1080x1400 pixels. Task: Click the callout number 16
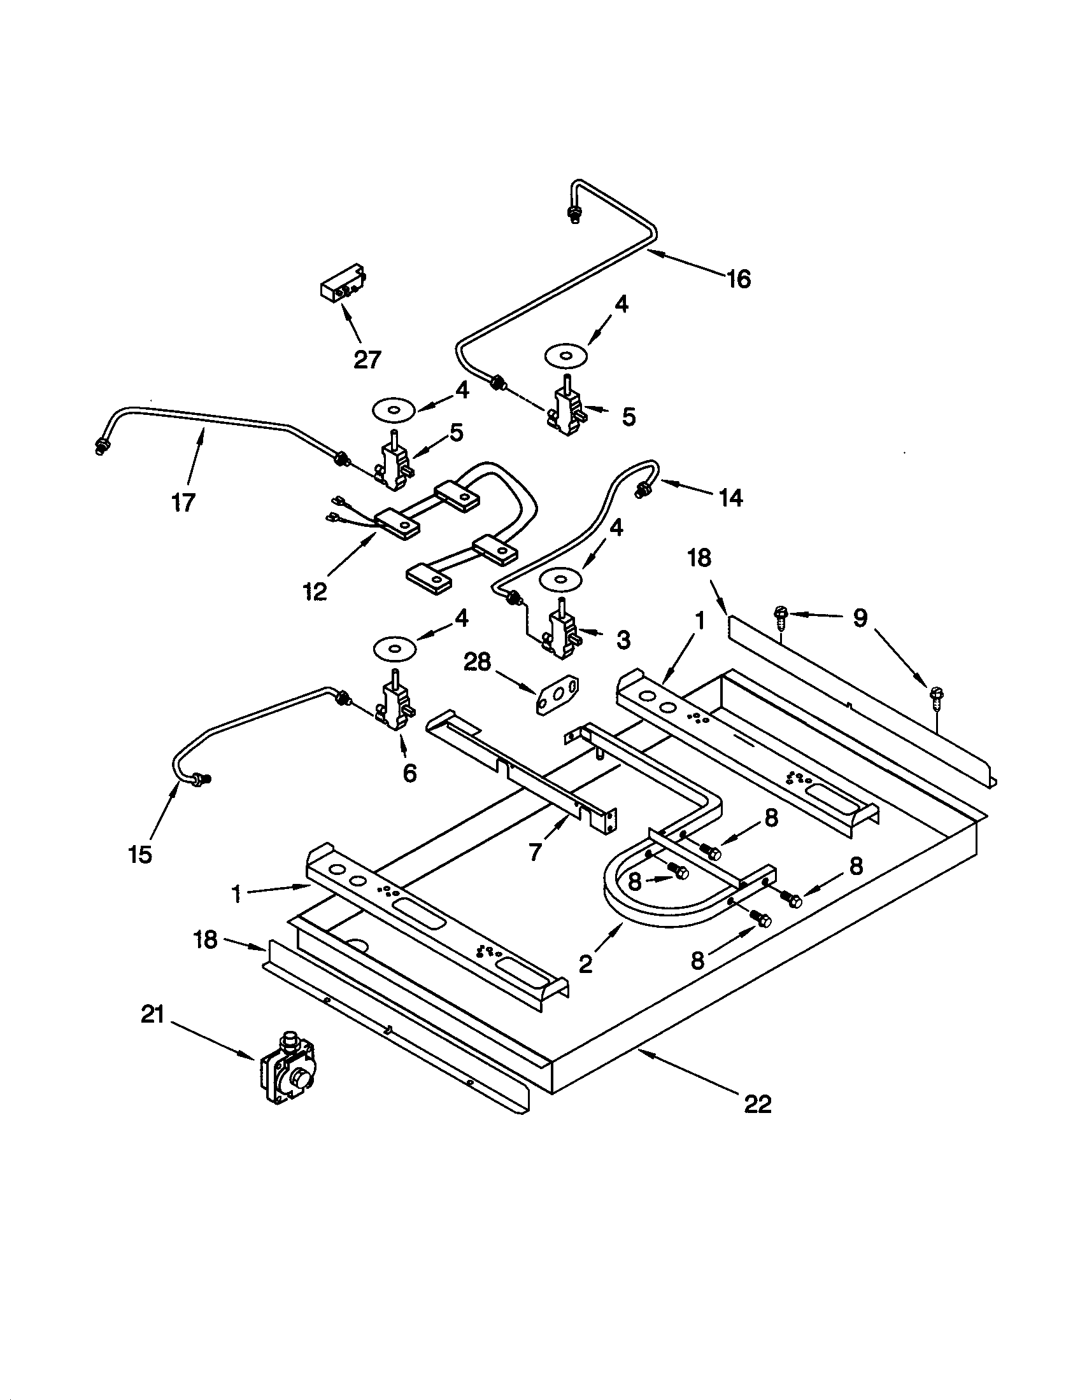(x=739, y=279)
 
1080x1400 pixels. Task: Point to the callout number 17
(x=183, y=502)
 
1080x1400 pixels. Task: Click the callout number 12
(x=314, y=591)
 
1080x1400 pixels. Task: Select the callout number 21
(x=153, y=1016)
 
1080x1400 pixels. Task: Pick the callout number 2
(x=586, y=964)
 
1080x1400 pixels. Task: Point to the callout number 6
(x=409, y=773)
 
